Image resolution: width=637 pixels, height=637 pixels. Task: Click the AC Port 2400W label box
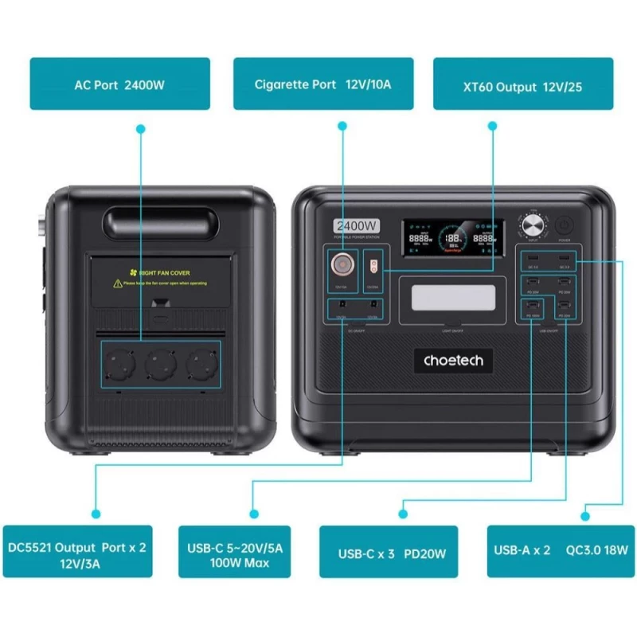pos(119,84)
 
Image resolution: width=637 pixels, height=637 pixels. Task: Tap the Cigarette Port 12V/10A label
pos(322,84)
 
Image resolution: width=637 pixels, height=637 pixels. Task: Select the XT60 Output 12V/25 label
pos(523,84)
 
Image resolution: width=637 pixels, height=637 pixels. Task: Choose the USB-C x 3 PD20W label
pos(389,551)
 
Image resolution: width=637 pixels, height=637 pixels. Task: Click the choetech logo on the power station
pos(453,361)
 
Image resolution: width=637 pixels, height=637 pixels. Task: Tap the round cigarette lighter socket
pos(342,264)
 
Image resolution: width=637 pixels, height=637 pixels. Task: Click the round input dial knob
pos(533,227)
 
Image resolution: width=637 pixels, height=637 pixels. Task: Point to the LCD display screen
pos(452,237)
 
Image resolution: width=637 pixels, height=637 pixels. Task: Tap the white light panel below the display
pos(453,299)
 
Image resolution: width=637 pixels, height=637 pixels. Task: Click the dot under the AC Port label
pos(141,127)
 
